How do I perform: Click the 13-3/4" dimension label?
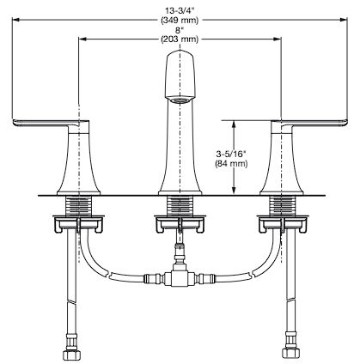[180, 11]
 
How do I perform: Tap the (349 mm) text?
[180, 21]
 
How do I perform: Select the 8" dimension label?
[180, 30]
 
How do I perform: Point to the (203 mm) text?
[180, 39]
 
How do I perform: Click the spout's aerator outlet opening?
[180, 100]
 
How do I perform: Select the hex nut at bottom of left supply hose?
[70, 354]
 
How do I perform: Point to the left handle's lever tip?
[14, 122]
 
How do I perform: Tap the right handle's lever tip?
[346, 122]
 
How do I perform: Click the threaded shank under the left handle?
[78, 205]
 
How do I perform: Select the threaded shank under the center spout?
[180, 205]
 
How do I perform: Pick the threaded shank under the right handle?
[281, 205]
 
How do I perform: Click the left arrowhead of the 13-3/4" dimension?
[15, 20]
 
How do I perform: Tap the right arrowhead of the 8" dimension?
[278, 39]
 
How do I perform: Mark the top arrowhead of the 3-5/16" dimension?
[234, 124]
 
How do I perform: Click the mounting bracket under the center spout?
[180, 224]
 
